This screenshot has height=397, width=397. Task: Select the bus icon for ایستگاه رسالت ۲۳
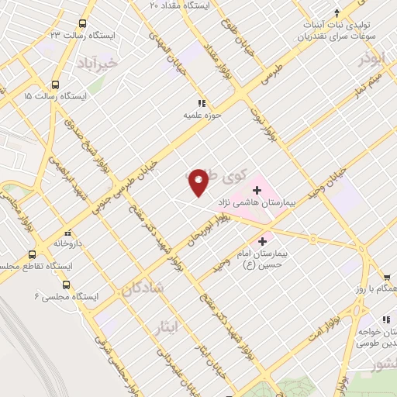pyautogui.click(x=83, y=23)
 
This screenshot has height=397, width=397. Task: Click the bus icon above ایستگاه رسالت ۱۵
pyautogui.click(x=55, y=85)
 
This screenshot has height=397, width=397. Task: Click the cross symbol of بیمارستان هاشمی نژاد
pyautogui.click(x=257, y=190)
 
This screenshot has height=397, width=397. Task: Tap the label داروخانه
pyautogui.click(x=68, y=243)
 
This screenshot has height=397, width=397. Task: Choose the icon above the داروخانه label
pyautogui.click(x=68, y=232)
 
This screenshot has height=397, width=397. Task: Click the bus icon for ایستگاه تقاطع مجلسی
pyautogui.click(x=32, y=254)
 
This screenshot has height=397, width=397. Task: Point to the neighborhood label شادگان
pyautogui.click(x=142, y=288)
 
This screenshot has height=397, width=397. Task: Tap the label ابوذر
pyautogui.click(x=371, y=58)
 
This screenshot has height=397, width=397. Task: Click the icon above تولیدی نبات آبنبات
pyautogui.click(x=337, y=12)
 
